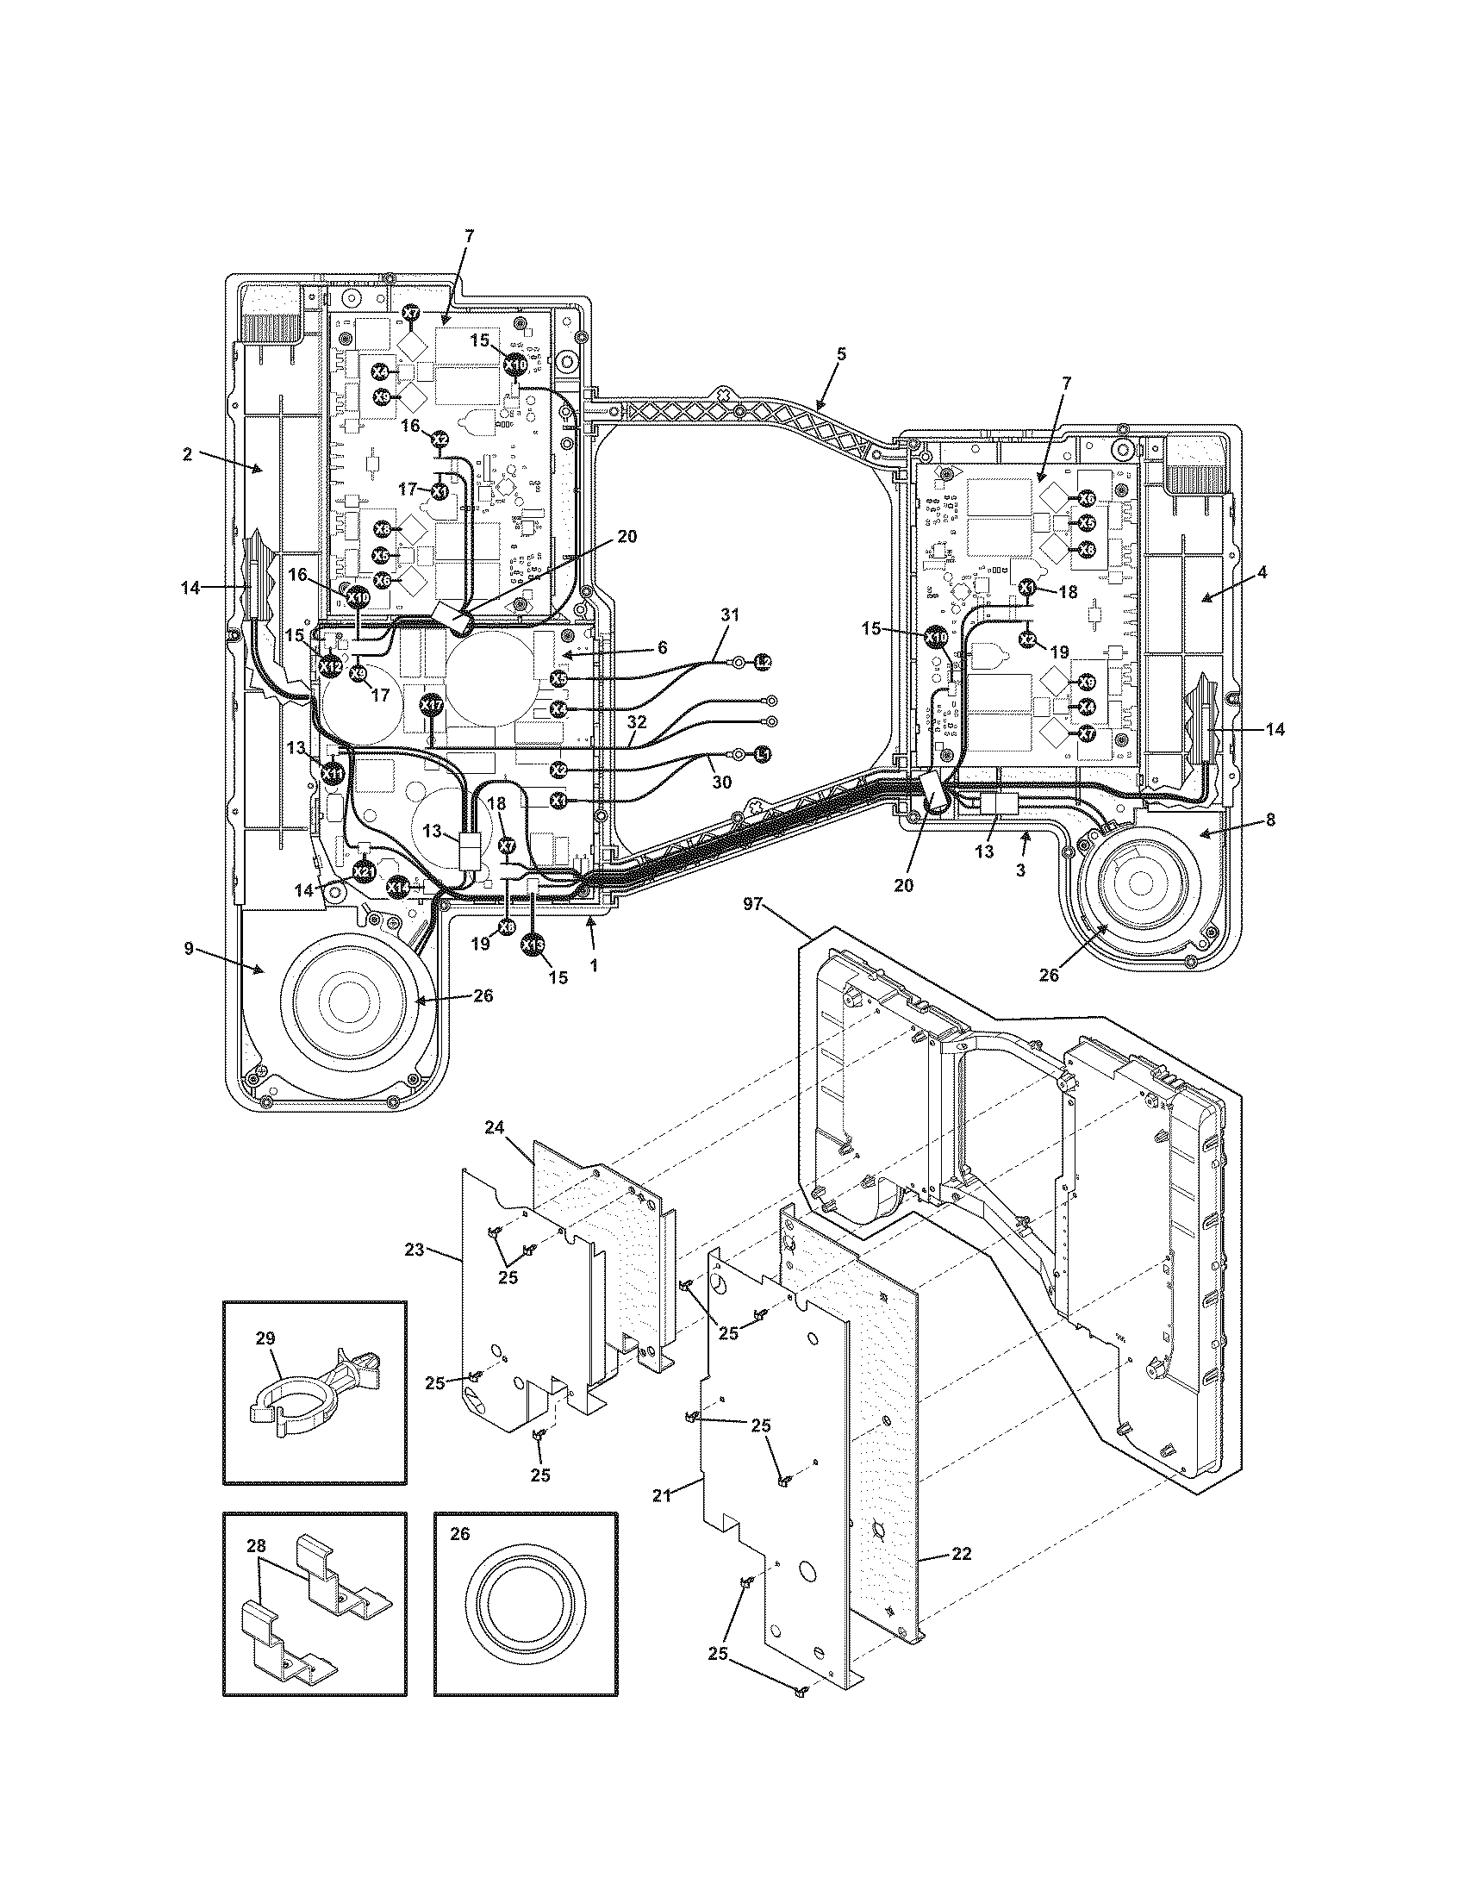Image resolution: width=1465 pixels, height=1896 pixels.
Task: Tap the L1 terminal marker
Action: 762,755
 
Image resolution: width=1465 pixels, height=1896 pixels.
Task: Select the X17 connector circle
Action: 432,705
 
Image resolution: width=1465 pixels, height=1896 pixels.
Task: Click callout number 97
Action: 751,905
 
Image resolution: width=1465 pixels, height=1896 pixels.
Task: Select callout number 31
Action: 730,614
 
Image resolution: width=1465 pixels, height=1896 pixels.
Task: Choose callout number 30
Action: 721,782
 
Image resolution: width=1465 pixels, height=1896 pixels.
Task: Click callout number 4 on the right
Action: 1262,572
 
